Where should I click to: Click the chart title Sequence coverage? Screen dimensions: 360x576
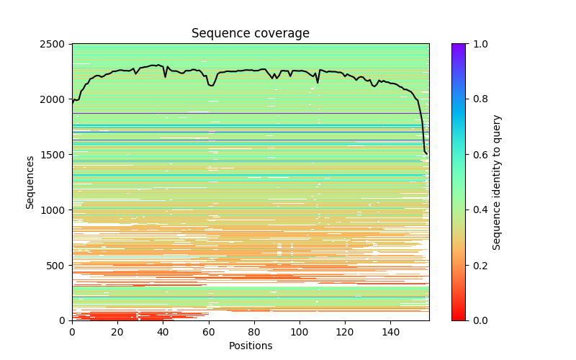coord(250,34)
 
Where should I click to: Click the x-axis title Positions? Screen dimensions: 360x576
coord(250,346)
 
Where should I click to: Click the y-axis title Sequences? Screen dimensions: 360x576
coord(30,182)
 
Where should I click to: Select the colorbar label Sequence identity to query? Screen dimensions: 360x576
coord(497,182)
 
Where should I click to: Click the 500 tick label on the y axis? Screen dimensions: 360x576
coord(60,266)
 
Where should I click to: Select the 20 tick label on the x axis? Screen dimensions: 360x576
coord(117,332)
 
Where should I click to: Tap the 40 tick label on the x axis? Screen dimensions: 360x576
coord(163,332)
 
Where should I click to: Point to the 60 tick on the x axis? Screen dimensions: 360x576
coord(208,332)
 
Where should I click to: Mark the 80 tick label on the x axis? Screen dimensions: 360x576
coord(254,332)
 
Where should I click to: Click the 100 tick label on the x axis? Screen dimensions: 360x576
coord(300,332)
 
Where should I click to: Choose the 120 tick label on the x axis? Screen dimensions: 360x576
coord(345,332)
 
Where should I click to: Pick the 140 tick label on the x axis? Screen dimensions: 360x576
coord(390,332)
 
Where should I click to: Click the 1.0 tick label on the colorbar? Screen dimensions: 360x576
coord(477,44)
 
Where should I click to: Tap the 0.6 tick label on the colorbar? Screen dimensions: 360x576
coord(477,155)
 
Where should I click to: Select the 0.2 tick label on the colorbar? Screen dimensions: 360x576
coord(477,266)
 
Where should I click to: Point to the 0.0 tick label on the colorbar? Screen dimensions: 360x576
coord(477,320)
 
